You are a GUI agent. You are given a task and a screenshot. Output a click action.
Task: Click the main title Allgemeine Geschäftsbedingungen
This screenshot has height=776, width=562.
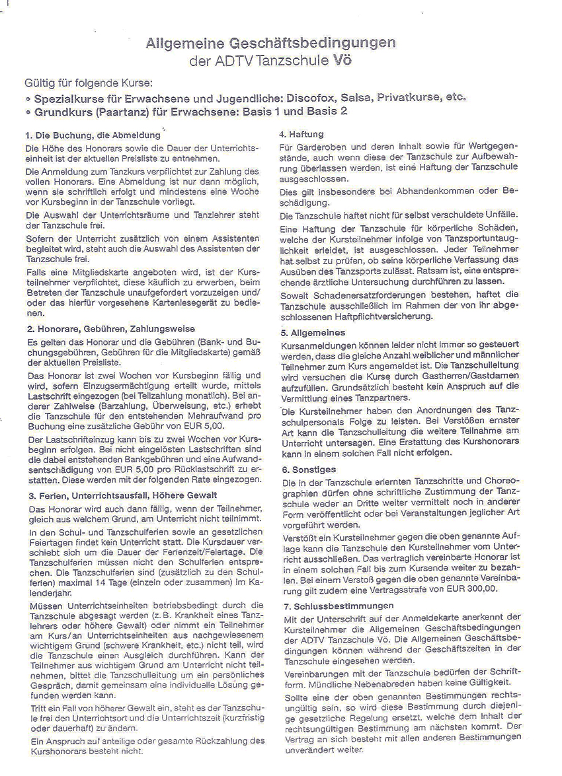click(x=270, y=43)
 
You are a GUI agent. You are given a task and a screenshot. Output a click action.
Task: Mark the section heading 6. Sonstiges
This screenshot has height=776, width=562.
click(x=308, y=469)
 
